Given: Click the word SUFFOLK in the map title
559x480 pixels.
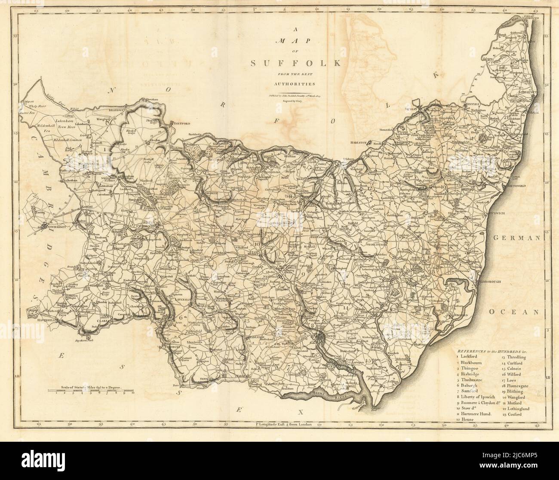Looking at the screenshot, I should click(x=296, y=64).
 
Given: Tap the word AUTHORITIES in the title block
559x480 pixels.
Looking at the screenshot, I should click(x=296, y=84).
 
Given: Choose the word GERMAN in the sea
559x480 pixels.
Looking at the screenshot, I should click(x=515, y=238).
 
